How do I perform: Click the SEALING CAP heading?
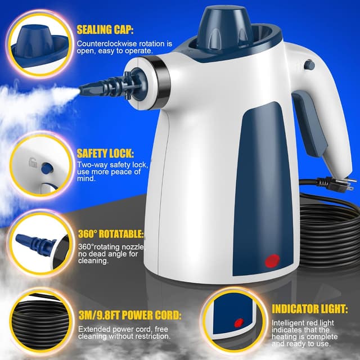point(108,29)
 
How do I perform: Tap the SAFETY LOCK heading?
point(105,153)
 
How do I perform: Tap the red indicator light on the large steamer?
point(272,260)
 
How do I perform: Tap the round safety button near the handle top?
point(308,65)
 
